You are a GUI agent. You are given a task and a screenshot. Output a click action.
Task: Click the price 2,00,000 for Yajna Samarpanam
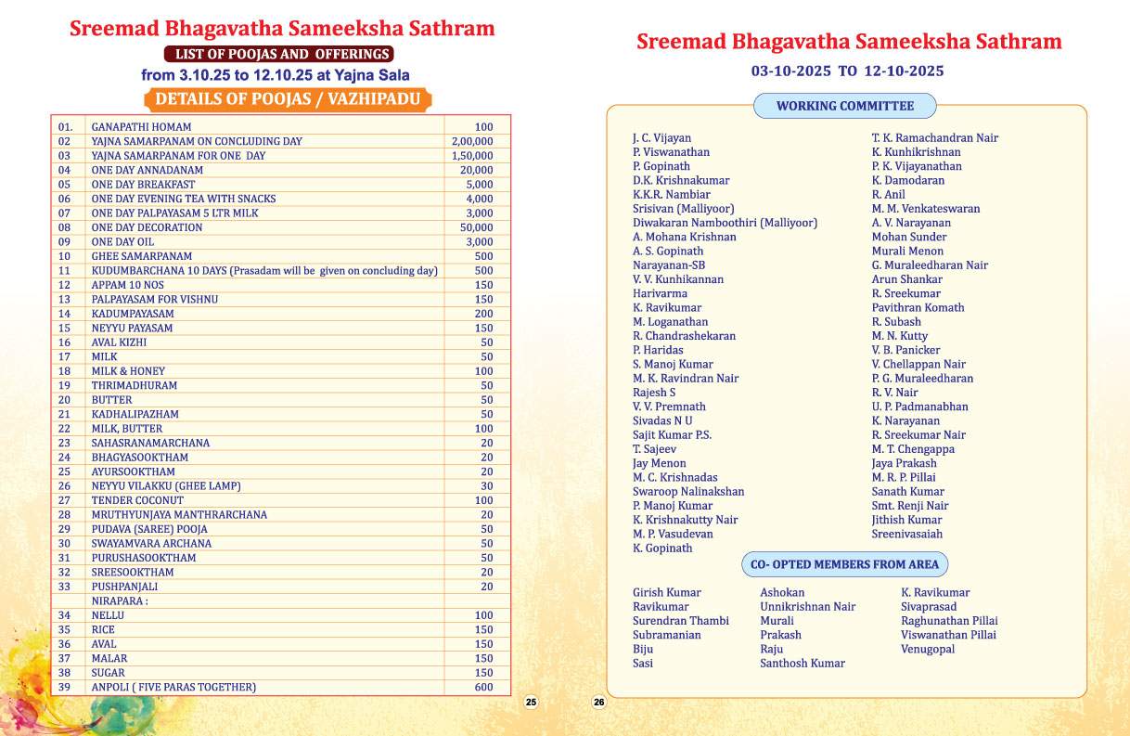(x=472, y=141)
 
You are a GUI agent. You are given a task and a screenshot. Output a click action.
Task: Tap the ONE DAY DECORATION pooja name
(x=147, y=227)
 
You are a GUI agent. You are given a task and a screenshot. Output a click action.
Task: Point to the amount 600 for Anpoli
(x=483, y=687)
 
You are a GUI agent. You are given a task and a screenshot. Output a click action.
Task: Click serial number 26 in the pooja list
(x=65, y=485)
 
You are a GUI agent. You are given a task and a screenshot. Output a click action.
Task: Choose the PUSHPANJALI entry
(x=124, y=587)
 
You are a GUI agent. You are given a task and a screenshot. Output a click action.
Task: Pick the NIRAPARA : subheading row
(x=120, y=600)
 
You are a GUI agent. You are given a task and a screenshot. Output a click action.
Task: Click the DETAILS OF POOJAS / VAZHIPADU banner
(x=288, y=99)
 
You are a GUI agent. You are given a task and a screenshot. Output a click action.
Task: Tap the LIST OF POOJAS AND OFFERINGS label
(x=278, y=54)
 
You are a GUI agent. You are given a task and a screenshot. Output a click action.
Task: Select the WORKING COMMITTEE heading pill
(x=844, y=106)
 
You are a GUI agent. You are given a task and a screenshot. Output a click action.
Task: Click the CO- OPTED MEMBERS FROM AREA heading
(x=844, y=564)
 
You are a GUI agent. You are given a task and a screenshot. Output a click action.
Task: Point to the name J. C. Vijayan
(x=661, y=137)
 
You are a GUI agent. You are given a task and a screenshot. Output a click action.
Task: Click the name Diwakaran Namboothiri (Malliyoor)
(x=725, y=223)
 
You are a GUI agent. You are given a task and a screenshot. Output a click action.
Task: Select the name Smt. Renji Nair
(x=910, y=506)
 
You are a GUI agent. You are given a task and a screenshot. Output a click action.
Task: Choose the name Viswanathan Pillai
(x=948, y=635)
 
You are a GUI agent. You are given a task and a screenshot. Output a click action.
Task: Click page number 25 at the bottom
(x=531, y=703)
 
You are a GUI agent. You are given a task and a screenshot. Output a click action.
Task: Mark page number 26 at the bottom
(x=598, y=703)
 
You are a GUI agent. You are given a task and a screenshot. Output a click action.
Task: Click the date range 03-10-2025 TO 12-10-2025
(x=847, y=71)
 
